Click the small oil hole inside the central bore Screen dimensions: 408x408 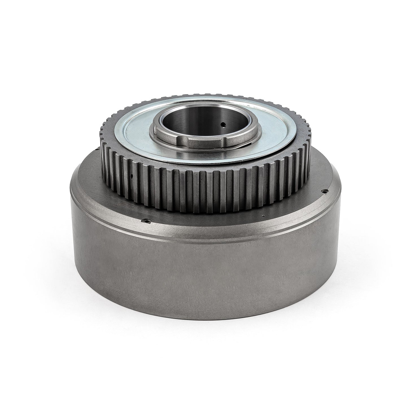(223, 123)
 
